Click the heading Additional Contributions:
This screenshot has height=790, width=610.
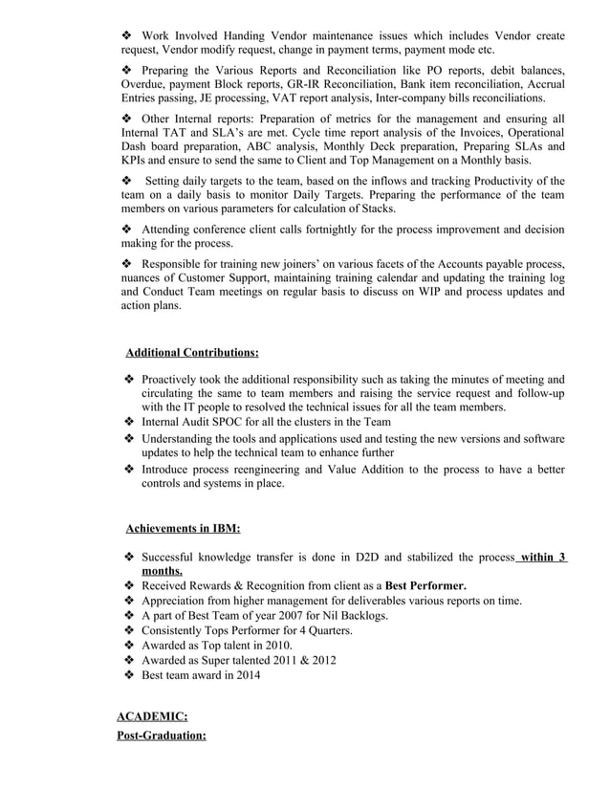pos(192,352)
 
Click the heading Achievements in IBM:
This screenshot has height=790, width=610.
pos(183,528)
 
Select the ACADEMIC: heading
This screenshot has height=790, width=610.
pos(152,714)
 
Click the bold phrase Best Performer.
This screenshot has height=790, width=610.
pos(425,585)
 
